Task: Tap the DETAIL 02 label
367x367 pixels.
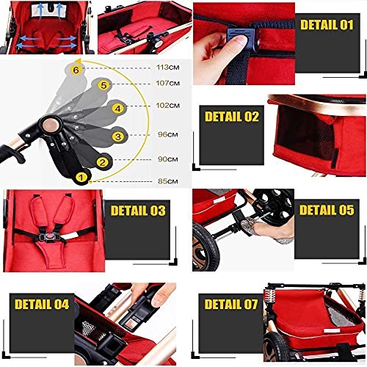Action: pyautogui.click(x=231, y=116)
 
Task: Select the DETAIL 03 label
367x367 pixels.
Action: pyautogui.click(x=137, y=211)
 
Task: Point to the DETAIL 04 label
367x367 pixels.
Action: pyautogui.click(x=42, y=302)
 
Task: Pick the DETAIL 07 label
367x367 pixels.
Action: pyautogui.click(x=232, y=303)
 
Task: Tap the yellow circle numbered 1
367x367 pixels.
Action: pyautogui.click(x=82, y=175)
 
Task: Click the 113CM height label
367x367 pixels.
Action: pyautogui.click(x=167, y=68)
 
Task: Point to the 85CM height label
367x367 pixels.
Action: pyautogui.click(x=167, y=181)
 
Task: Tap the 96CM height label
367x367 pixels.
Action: pyautogui.click(x=167, y=134)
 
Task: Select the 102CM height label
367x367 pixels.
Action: pyautogui.click(x=167, y=106)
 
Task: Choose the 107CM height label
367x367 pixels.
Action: pyautogui.click(x=167, y=82)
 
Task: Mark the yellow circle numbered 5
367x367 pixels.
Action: pyautogui.click(x=104, y=86)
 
